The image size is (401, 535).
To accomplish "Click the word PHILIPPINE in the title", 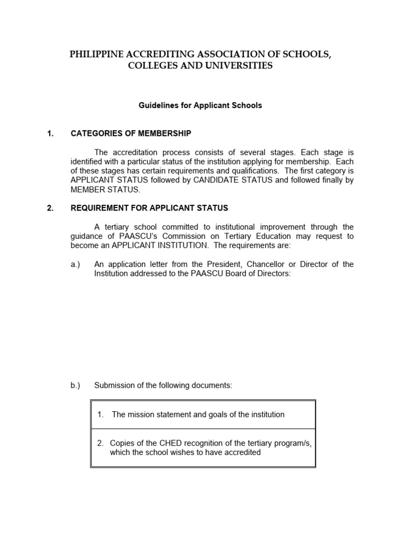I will [96, 54].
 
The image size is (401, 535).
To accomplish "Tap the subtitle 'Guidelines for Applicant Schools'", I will [200, 106].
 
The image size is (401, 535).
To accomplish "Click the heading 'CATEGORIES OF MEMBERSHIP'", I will [131, 134].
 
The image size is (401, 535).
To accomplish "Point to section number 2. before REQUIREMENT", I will [50, 208].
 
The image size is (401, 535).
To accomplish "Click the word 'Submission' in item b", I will [113, 386].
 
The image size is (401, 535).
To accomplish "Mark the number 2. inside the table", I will [100, 443].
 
